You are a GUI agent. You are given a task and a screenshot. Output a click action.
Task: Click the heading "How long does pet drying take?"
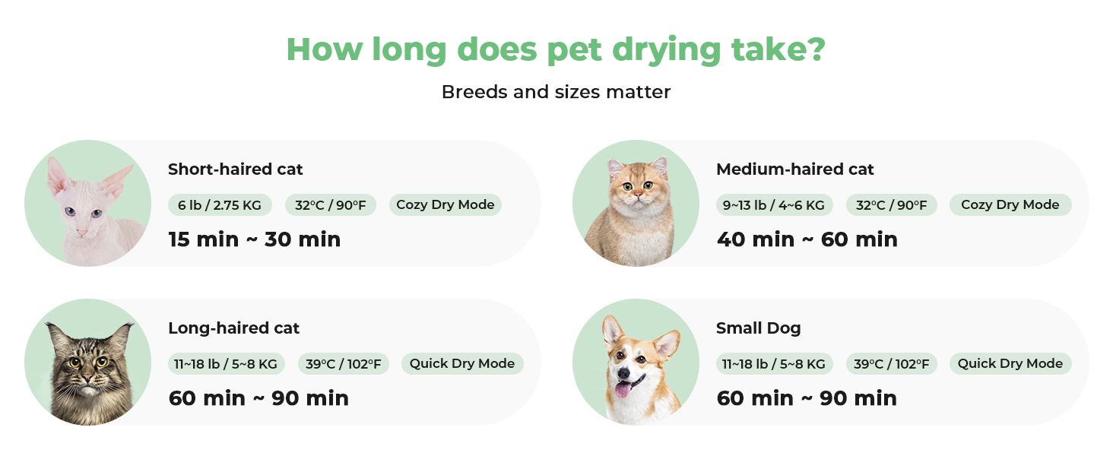pyautogui.click(x=556, y=49)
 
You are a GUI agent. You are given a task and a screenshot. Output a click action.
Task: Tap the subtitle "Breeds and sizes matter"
pyautogui.click(x=556, y=92)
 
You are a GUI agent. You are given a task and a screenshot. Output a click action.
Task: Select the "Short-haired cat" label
pyautogui.click(x=235, y=169)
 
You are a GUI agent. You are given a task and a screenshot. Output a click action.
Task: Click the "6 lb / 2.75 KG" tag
pyautogui.click(x=220, y=204)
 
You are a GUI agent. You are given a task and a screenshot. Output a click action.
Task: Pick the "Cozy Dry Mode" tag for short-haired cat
pyautogui.click(x=446, y=204)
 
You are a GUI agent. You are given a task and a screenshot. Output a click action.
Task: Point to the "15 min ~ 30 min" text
pyautogui.click(x=255, y=239)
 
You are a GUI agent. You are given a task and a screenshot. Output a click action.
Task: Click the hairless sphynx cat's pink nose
pyautogui.click(x=81, y=232)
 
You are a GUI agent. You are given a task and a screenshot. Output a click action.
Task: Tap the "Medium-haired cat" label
pyautogui.click(x=794, y=169)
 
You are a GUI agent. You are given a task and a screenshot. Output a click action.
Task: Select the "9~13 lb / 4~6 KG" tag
pyautogui.click(x=774, y=204)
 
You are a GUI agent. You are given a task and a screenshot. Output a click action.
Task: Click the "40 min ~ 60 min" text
pyautogui.click(x=807, y=239)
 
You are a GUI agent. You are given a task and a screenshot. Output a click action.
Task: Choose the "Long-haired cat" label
pyautogui.click(x=233, y=328)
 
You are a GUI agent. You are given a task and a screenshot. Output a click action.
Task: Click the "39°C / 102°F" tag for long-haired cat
pyautogui.click(x=344, y=363)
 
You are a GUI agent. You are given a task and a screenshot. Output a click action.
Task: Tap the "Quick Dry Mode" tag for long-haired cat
pyautogui.click(x=462, y=363)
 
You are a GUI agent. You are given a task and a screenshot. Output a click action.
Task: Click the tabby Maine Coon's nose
pyautogui.click(x=88, y=378)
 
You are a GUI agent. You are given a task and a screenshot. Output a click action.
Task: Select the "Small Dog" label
pyautogui.click(x=758, y=328)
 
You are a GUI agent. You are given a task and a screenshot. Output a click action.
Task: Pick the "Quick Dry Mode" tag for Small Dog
pyautogui.click(x=1010, y=363)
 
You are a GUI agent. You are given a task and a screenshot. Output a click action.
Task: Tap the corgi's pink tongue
pyautogui.click(x=622, y=389)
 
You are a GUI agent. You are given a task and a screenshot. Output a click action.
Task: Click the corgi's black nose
pyautogui.click(x=623, y=372)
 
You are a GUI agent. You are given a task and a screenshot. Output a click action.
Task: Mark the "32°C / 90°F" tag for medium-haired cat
pyautogui.click(x=892, y=204)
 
